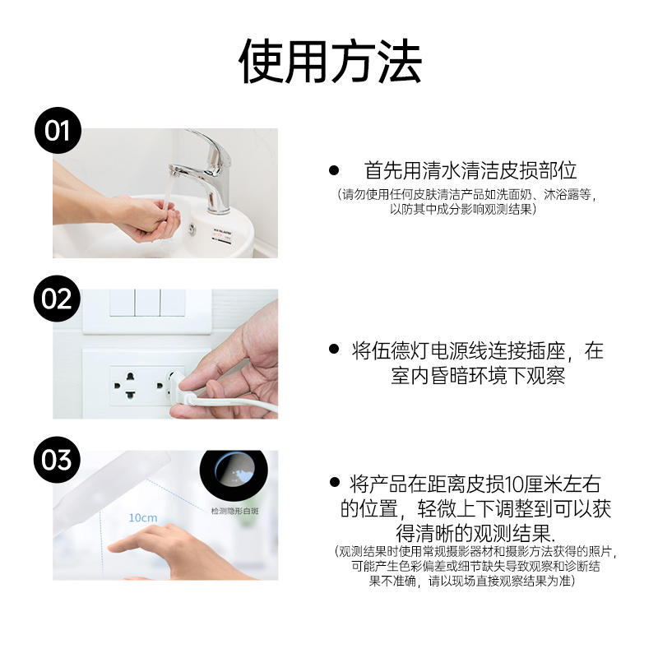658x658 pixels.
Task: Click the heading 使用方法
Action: (330, 61)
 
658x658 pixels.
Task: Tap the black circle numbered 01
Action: (58, 131)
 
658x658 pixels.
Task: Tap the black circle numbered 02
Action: (58, 299)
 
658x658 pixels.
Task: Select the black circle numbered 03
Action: (58, 459)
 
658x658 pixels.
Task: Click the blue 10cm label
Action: (142, 518)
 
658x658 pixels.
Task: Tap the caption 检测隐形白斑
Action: (234, 511)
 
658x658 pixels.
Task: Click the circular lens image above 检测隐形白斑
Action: (234, 475)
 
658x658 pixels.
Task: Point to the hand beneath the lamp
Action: (156, 547)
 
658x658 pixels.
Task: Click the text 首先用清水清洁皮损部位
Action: (470, 170)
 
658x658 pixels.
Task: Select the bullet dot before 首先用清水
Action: (334, 170)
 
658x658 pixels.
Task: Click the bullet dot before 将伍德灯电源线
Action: (334, 350)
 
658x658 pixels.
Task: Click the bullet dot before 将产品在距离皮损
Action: (334, 482)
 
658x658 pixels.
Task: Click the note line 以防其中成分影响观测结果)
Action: (463, 209)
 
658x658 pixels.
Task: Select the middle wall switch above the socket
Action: (147, 304)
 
